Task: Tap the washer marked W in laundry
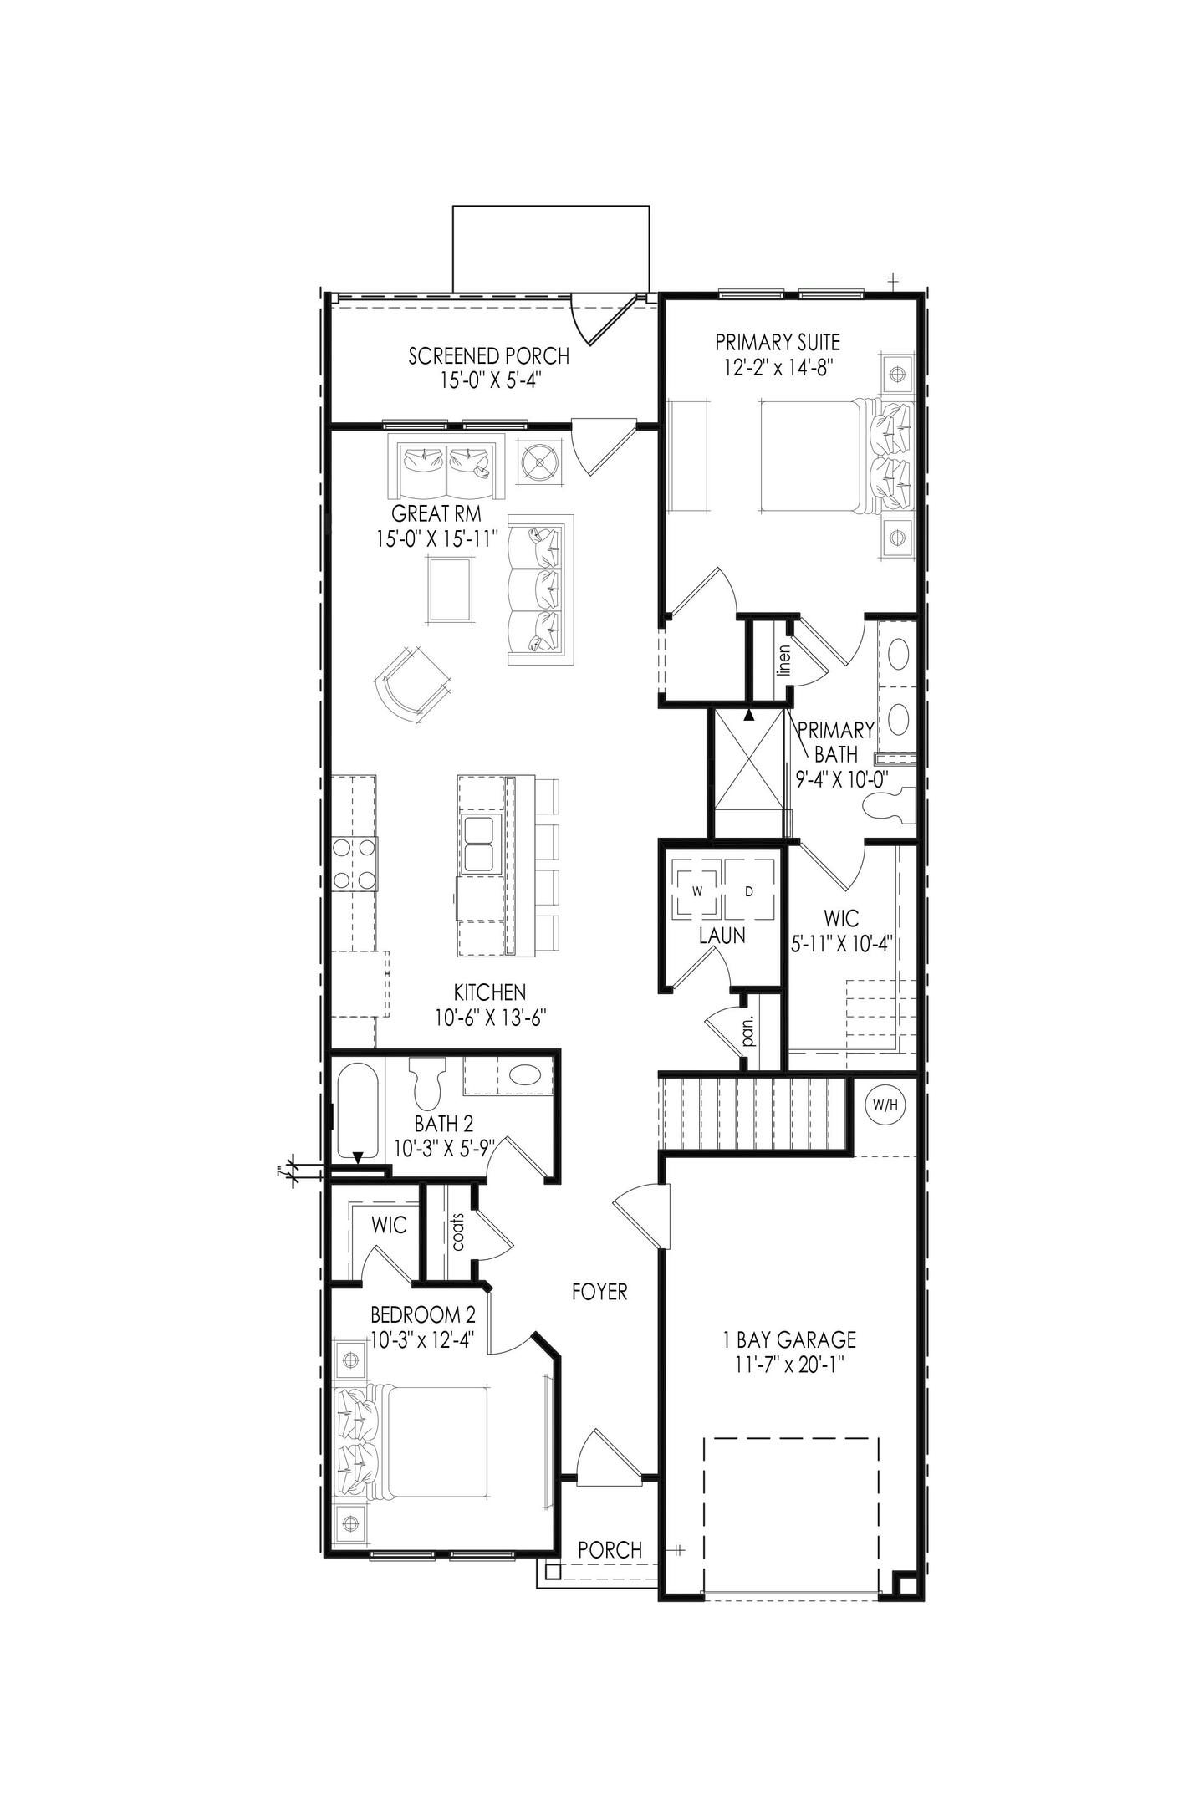[x=696, y=890]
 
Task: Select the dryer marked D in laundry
[x=749, y=890]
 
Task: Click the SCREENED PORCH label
[x=488, y=356]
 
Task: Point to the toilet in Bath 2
[x=427, y=1084]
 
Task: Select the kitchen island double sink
[x=480, y=845]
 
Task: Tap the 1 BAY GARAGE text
[x=789, y=1339]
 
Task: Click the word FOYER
[x=599, y=1292]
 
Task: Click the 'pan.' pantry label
[x=748, y=1031]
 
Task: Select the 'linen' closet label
[x=783, y=659]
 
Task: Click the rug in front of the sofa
[x=449, y=589]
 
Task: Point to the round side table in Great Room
[x=540, y=460]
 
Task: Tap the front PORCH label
[x=610, y=1549]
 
